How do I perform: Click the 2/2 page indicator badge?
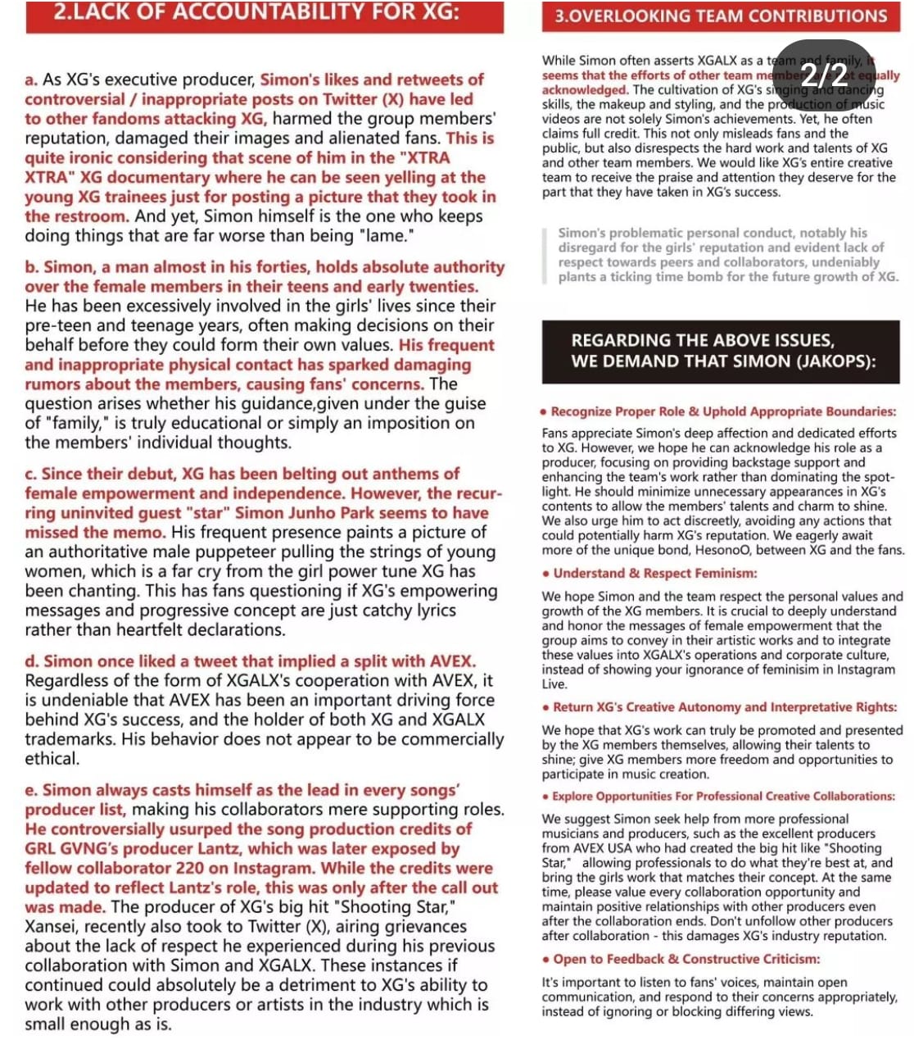(x=824, y=75)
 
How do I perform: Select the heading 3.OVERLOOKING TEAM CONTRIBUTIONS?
(x=721, y=16)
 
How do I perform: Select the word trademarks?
(x=66, y=739)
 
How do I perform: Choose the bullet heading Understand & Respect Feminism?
(x=654, y=573)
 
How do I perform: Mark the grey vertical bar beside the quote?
(x=545, y=255)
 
